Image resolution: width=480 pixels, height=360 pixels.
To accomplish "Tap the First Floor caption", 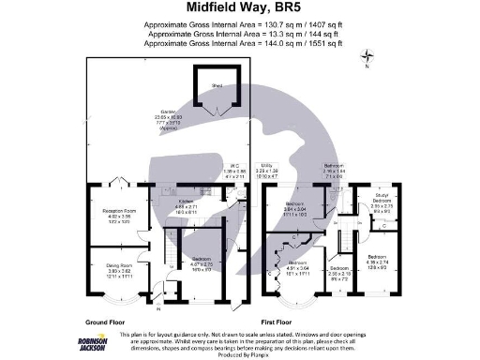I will pyautogui.click(x=278, y=320).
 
